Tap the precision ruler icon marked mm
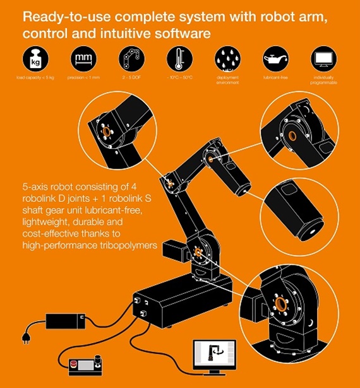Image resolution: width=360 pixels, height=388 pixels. click(82, 60)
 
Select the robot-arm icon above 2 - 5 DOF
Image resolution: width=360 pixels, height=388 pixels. click(131, 60)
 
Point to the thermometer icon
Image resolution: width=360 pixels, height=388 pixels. click(179, 60)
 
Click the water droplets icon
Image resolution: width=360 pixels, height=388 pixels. click(228, 60)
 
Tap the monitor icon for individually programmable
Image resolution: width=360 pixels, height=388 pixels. click(324, 60)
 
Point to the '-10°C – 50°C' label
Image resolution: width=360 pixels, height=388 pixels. click(179, 79)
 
